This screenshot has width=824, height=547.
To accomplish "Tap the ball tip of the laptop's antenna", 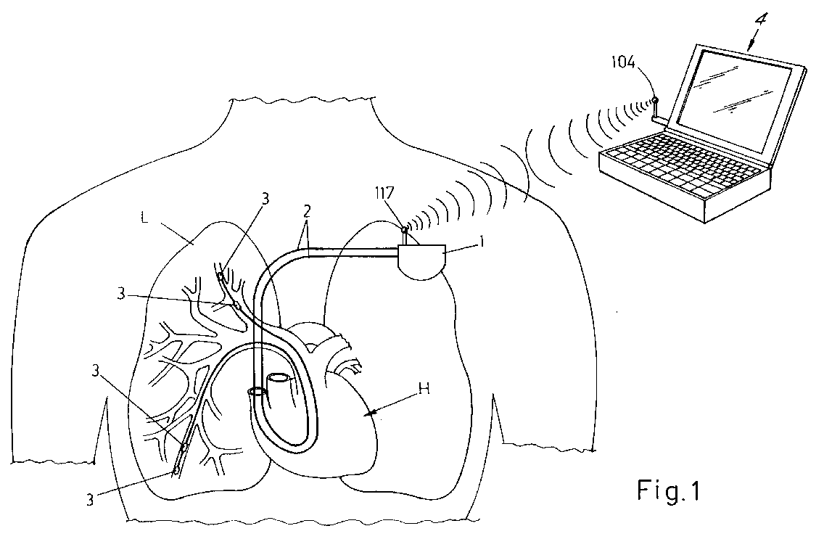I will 655,99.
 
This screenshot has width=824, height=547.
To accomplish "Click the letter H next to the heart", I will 424,388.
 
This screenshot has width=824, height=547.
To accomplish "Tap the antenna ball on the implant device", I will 404,230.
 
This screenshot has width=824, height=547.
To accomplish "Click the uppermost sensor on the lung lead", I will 220,277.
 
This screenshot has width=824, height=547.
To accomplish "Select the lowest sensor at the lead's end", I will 176,471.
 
